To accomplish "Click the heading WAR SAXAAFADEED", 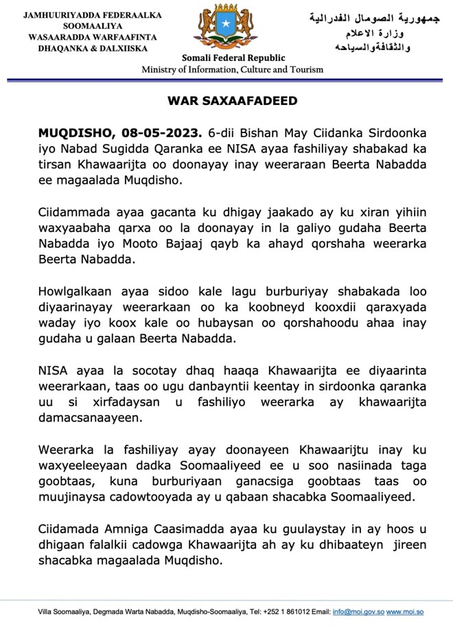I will [233, 101].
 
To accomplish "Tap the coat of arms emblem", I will [227, 28].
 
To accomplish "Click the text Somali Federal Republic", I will [233, 58].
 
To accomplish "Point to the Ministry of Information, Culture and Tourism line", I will [233, 70].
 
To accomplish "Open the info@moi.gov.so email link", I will [358, 611].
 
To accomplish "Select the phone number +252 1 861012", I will [288, 611].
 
